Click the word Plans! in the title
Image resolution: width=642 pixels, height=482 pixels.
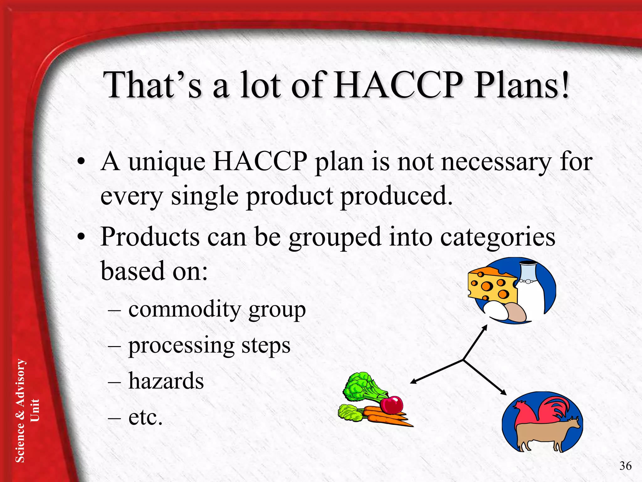point(521,85)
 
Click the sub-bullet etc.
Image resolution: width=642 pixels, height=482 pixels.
point(145,417)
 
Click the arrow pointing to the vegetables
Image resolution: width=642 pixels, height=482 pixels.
point(436,372)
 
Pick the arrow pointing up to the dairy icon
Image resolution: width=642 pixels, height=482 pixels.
point(475,342)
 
